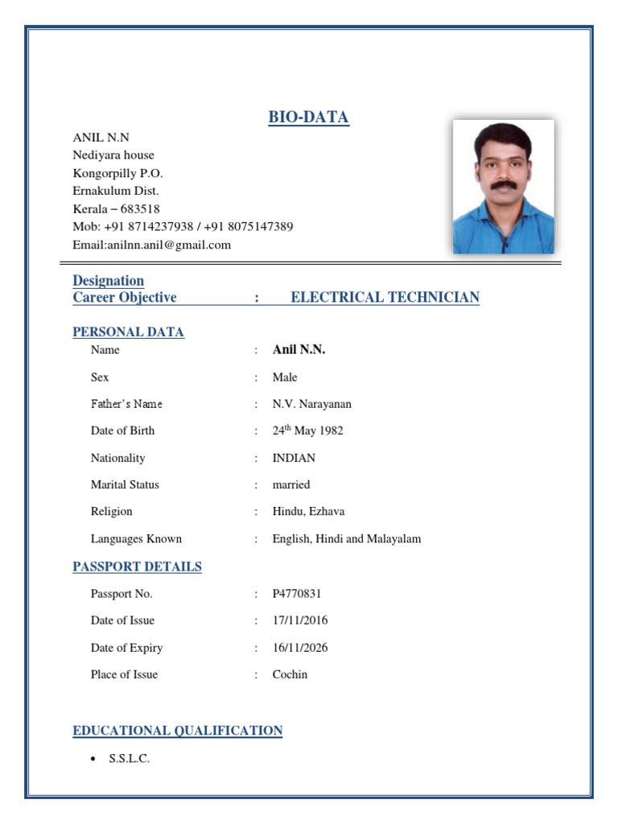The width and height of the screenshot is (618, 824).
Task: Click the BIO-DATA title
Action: tap(308, 117)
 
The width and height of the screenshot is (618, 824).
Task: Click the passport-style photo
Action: tap(503, 187)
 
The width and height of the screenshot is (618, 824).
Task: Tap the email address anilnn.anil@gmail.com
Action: tap(168, 245)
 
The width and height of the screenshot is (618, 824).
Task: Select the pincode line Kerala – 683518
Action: tap(116, 208)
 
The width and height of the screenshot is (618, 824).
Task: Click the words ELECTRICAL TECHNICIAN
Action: tap(385, 297)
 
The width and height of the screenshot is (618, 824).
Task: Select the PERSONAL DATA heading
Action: tap(128, 332)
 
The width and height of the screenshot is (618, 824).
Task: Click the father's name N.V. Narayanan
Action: tap(311, 404)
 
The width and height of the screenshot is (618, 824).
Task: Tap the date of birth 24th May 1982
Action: tap(307, 431)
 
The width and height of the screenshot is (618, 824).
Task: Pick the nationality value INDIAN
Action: tap(294, 458)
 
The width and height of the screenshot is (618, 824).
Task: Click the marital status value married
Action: tap(290, 484)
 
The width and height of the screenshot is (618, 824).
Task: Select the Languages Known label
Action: tap(136, 538)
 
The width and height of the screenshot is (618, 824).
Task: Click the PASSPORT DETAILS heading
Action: tap(137, 566)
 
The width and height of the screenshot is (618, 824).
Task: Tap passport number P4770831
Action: tap(297, 594)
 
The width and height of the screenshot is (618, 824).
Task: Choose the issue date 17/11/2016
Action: tap(300, 620)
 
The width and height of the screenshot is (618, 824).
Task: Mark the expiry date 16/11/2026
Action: tap(300, 648)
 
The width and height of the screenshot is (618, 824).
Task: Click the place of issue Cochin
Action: tap(290, 674)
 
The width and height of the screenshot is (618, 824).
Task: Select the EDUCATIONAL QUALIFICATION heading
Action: tap(177, 731)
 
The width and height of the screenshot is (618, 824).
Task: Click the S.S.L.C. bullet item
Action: tap(129, 759)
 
